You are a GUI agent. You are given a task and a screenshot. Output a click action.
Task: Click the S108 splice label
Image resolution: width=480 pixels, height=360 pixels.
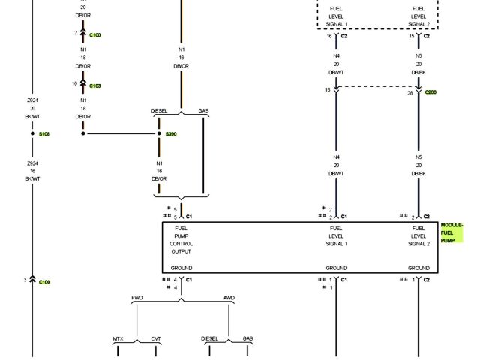point(44,134)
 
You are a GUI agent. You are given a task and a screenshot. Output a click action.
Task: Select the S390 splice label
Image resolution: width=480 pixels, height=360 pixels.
point(171,134)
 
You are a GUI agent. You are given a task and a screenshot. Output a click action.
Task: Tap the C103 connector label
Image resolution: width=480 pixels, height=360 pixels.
point(94,86)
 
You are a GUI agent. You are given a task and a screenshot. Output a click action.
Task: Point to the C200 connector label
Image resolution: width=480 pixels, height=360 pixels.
point(430,92)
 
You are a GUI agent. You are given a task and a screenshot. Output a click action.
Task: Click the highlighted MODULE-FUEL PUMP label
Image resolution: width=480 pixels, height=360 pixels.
point(451,232)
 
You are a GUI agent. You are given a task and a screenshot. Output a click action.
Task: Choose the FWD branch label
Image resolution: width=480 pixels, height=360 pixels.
point(137,298)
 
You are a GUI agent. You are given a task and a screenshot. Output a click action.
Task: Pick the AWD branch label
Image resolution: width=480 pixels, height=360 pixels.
point(229,298)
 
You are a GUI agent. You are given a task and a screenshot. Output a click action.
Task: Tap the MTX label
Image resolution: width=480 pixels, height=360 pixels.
point(118,339)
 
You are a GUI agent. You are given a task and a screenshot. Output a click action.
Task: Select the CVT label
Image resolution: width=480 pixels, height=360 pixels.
point(156,339)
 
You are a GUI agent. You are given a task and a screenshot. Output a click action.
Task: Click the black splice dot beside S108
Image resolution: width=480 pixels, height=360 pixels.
point(32,133)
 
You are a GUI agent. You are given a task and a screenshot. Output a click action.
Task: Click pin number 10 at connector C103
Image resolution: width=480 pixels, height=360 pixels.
point(75,83)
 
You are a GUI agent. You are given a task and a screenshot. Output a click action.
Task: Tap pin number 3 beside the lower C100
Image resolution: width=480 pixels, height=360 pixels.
point(25,280)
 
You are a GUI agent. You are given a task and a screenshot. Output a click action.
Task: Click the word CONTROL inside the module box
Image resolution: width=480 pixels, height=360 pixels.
point(181,244)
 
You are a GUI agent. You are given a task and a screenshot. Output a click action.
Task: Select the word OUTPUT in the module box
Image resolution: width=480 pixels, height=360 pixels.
point(181,251)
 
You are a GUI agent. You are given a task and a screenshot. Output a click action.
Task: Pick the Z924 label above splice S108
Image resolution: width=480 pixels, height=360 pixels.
point(32,100)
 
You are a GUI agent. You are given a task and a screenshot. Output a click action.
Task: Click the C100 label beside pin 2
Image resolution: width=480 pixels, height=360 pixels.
point(94,35)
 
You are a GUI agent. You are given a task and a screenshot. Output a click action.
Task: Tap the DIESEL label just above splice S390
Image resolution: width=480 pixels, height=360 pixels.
point(159,111)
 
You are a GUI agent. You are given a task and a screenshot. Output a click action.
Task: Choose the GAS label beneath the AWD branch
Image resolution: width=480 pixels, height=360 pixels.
point(247,339)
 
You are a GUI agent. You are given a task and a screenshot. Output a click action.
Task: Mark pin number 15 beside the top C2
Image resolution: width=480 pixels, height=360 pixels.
point(412,36)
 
